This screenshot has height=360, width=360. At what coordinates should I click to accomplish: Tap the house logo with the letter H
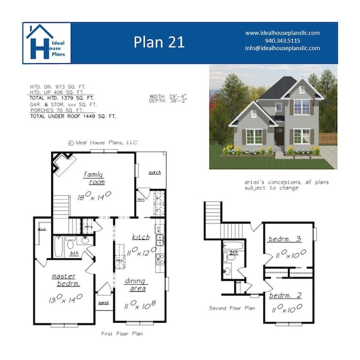[47, 42]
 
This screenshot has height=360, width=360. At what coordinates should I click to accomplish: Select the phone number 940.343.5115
[282, 40]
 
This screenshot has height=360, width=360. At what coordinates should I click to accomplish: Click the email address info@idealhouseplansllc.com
[282, 48]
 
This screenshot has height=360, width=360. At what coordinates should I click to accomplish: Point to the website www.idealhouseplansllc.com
[282, 32]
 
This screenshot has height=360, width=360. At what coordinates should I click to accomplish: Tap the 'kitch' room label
[140, 237]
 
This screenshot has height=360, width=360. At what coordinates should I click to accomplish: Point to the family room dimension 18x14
[92, 196]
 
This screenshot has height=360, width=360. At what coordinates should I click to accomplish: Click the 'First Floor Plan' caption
[120, 332]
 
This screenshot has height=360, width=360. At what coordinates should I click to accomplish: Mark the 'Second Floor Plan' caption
[232, 308]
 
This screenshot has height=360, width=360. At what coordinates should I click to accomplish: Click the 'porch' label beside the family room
[155, 171]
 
